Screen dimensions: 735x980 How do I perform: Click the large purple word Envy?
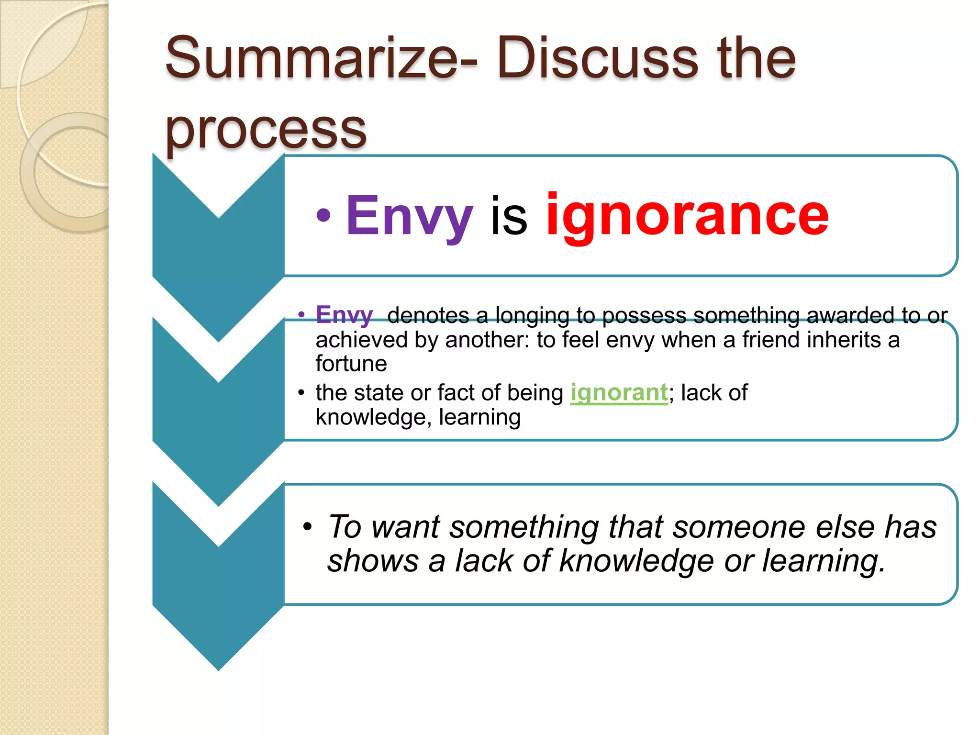pos(410,216)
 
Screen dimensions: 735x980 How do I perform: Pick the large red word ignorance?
pos(687,216)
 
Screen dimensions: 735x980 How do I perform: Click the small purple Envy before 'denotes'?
pos(344,316)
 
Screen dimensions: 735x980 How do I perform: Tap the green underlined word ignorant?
pos(619,393)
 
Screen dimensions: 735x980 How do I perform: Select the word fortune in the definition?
pos(351,364)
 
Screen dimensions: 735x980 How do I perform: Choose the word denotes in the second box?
pos(428,315)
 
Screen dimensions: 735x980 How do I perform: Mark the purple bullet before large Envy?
pos(324,216)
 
